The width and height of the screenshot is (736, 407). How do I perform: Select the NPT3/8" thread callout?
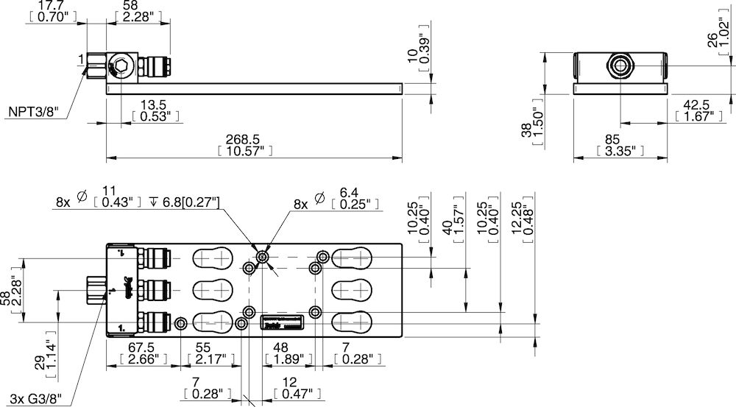[x=33, y=113]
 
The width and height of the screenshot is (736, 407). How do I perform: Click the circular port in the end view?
[x=618, y=66]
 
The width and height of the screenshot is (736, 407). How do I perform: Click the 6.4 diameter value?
[x=349, y=193]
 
